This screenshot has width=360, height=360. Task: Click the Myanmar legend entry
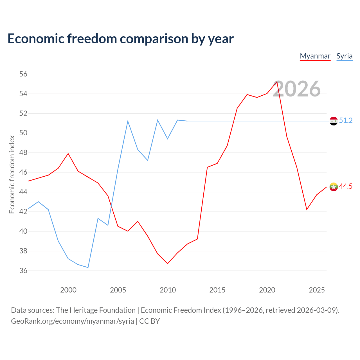click(315, 56)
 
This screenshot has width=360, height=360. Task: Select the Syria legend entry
click(345, 56)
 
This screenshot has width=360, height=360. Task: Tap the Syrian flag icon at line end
click(334, 121)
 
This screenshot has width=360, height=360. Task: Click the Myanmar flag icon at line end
click(334, 187)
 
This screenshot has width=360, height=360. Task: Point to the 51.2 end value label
click(346, 120)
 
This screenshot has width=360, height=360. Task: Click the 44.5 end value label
click(346, 186)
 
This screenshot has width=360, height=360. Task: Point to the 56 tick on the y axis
click(23, 74)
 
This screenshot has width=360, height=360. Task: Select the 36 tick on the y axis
click(23, 271)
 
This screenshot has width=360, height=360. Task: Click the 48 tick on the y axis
click(23, 153)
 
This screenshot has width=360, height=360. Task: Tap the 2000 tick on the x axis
click(68, 290)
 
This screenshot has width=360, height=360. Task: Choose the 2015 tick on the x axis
click(217, 290)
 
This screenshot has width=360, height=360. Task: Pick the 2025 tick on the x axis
click(317, 290)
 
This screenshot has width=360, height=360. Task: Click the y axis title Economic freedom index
click(12, 174)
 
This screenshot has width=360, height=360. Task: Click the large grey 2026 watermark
click(297, 89)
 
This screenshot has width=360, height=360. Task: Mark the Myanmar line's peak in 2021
click(277, 82)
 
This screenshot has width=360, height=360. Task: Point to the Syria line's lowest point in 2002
click(88, 267)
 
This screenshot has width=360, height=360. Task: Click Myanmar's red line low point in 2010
click(168, 264)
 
